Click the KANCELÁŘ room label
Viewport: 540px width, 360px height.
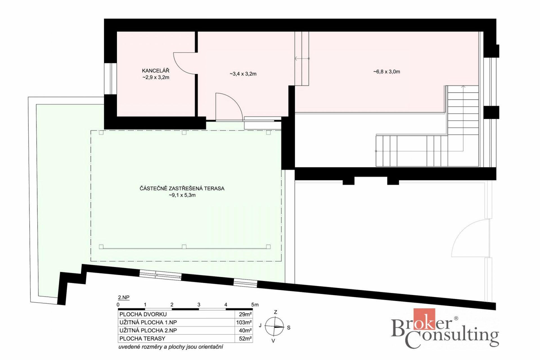156,71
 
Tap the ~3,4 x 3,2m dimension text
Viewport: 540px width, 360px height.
243,74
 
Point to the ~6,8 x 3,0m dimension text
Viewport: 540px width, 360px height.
387,72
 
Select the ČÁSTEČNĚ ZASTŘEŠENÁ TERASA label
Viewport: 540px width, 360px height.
182,188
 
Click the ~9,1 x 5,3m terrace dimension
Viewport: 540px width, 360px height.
182,195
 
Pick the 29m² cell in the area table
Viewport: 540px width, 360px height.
245,314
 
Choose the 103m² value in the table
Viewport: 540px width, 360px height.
244,323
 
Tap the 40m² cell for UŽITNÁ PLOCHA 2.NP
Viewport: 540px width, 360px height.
245,330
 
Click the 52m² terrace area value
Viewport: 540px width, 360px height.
245,339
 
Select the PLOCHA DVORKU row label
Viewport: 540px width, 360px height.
143,314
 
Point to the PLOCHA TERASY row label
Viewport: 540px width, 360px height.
142,339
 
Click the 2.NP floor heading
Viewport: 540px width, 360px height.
123,298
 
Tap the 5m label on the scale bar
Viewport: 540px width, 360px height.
255,305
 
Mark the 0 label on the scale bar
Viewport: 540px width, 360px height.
118,305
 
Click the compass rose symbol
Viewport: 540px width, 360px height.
274,327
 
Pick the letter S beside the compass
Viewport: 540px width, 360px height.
289,328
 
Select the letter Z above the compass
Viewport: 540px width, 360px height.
275,312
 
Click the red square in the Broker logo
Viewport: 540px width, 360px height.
424,319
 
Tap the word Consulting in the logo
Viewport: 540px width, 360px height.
452,337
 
